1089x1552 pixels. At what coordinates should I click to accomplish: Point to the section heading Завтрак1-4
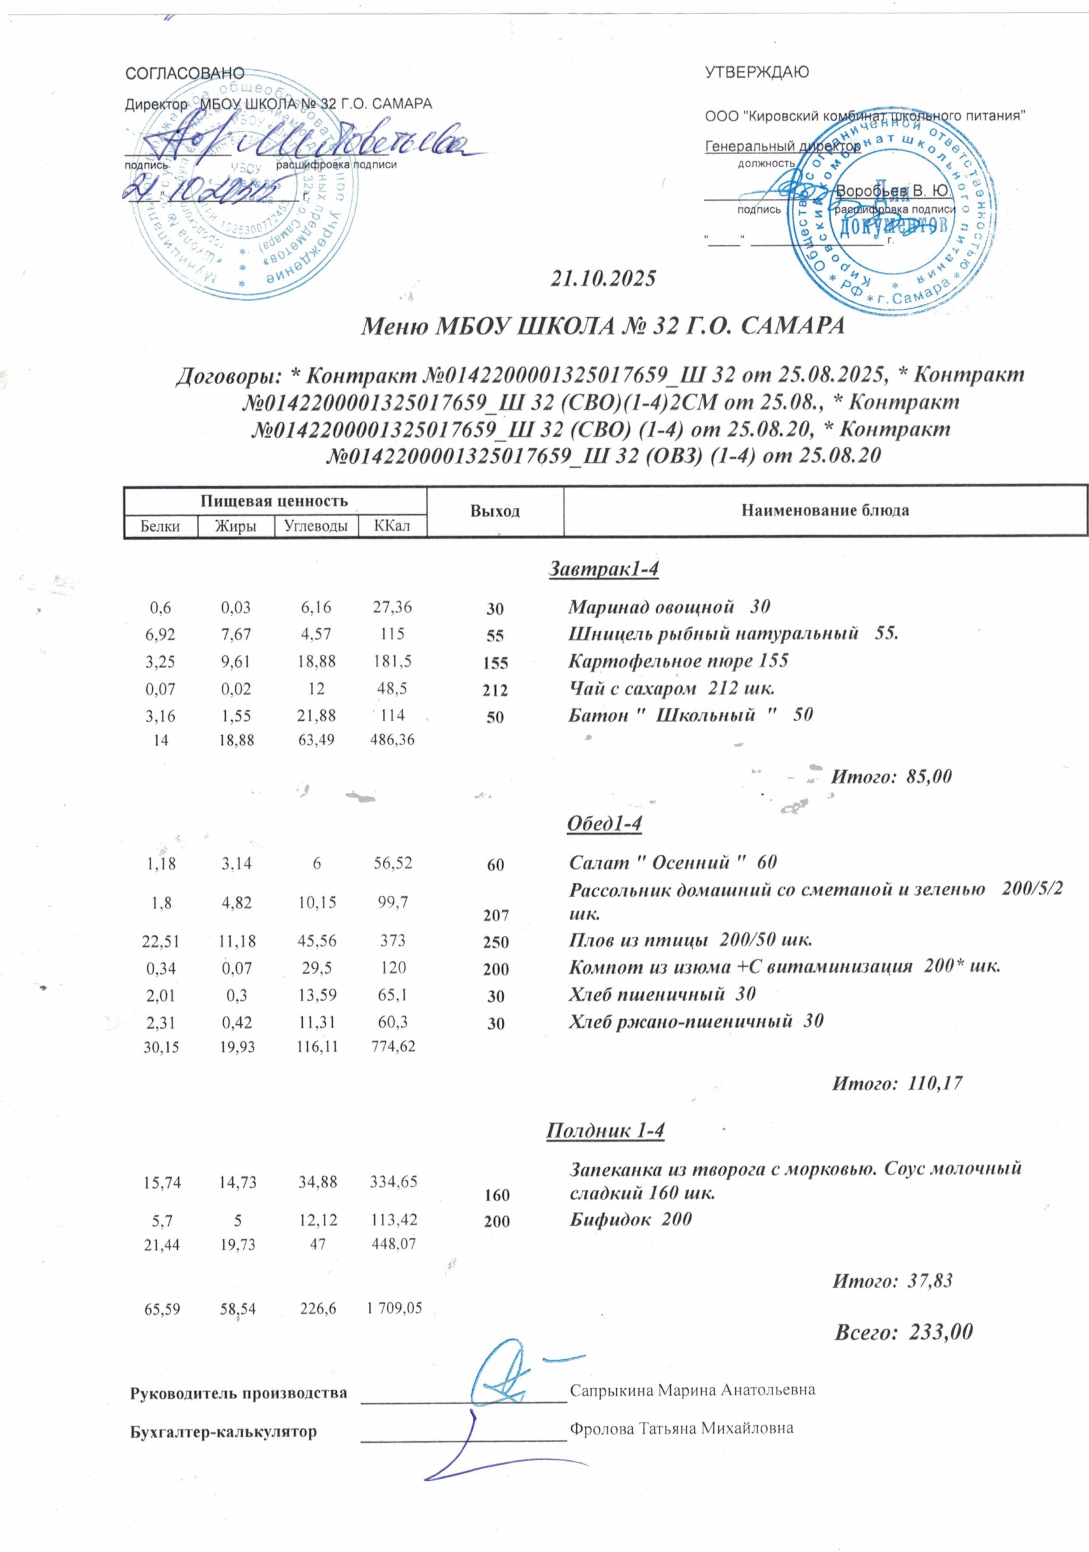coord(602,569)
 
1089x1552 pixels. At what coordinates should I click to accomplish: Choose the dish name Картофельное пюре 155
coord(678,660)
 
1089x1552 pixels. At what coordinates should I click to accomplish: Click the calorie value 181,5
coord(393,660)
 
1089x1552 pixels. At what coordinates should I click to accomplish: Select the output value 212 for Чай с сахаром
coord(495,690)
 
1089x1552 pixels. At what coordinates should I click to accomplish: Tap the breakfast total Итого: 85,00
coord(891,776)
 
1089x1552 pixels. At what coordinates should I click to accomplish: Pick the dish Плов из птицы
coord(690,940)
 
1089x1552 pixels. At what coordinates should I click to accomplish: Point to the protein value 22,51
coord(161,940)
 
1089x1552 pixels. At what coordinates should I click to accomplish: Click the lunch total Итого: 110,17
coord(895,1083)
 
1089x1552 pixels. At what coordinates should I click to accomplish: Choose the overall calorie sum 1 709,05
coord(394,1308)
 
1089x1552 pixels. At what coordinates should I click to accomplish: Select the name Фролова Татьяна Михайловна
coord(681,1428)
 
